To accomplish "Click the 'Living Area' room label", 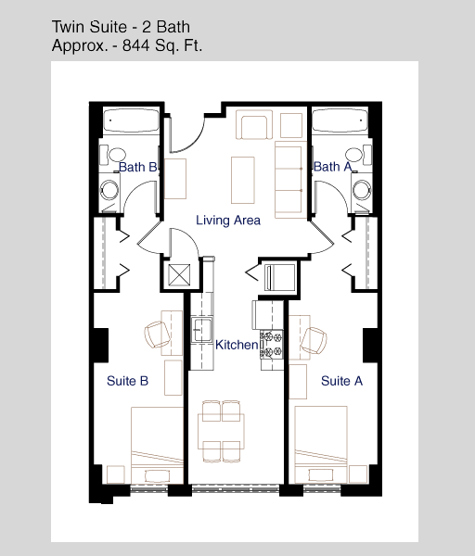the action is tap(228, 221).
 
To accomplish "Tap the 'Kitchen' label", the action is tap(237, 345).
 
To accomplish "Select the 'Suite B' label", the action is tap(127, 381).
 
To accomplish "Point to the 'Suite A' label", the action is tap(341, 381).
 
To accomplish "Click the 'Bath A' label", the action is tap(332, 166).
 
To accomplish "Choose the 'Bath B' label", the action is tap(137, 167).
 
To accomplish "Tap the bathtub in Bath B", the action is tap(131, 121).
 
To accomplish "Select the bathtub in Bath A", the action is tap(340, 120).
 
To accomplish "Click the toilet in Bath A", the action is tap(358, 155).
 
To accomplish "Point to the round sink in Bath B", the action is tap(109, 190).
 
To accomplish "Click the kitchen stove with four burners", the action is tap(272, 344).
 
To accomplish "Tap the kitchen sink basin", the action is tap(202, 330).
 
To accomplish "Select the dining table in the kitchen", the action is tap(221, 431).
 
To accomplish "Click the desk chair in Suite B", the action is tap(157, 334).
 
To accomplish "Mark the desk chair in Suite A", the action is tap(314, 340).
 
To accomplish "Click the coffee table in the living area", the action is tap(243, 180).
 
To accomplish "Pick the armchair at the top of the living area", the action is tap(254, 125).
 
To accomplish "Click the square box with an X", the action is tap(179, 275).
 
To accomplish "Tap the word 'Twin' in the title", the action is tap(69, 27).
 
